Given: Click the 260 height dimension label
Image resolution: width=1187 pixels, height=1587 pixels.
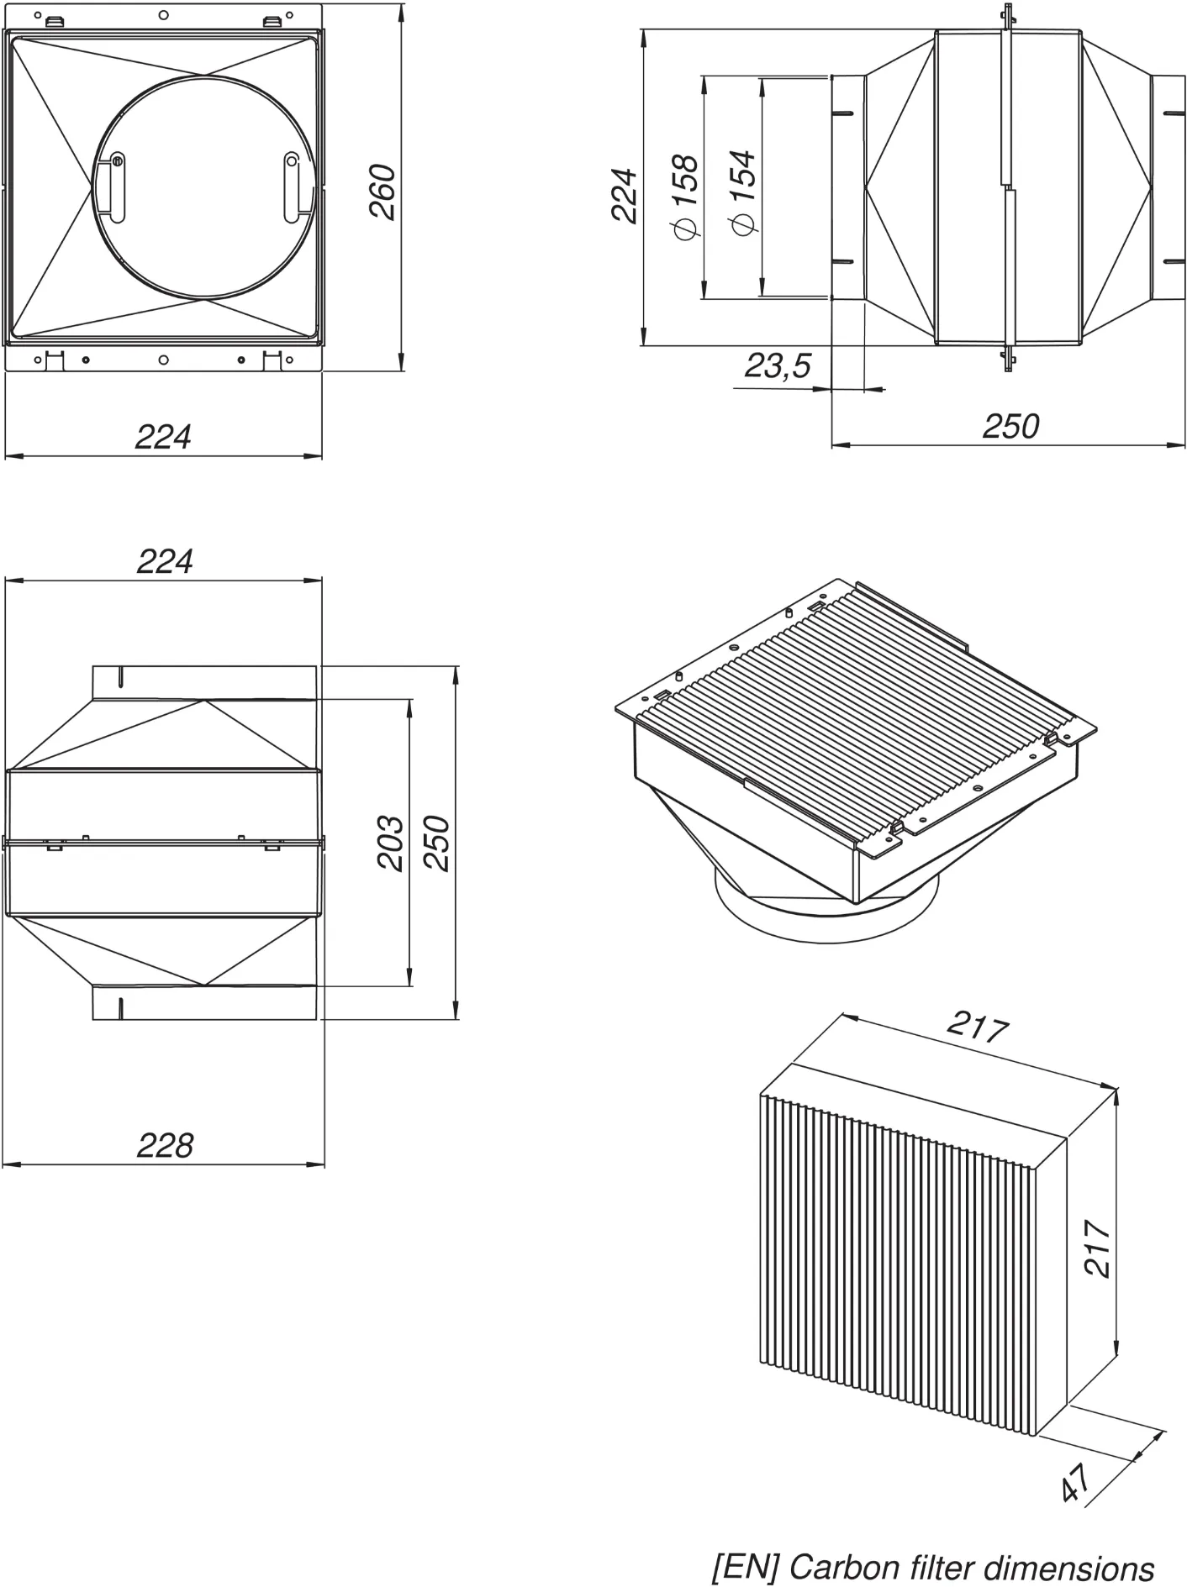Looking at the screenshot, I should coord(383,192).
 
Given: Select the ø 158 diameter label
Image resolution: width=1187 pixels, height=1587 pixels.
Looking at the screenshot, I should coord(685,195).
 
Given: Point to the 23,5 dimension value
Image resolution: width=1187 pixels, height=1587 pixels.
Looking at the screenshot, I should coord(778,365).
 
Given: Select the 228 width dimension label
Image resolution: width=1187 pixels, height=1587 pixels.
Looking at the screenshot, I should coord(165,1145).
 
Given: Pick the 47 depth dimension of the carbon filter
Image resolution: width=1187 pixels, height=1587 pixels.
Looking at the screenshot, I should coord(1077,1482).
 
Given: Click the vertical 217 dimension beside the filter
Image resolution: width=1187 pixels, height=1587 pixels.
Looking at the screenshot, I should coord(1098,1248).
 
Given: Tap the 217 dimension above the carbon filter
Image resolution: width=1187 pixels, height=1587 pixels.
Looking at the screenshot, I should coord(978,1026).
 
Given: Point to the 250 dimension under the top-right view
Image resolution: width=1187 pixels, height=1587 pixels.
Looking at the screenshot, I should coord(1010,427).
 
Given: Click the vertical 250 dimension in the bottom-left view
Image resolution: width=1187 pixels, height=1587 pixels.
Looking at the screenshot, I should coord(436,843).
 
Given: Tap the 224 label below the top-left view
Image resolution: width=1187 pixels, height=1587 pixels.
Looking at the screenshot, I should coord(163,437).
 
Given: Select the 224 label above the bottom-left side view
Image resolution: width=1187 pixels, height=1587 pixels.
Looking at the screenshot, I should coord(165,561).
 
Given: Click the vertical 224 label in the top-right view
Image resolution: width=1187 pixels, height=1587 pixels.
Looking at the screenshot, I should coord(625,195).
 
